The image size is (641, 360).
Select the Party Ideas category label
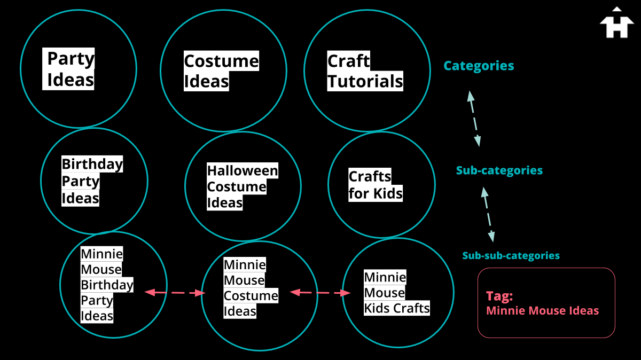click(x=71, y=69)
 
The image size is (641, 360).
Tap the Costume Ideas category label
click(x=221, y=72)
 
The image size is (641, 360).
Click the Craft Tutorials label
click(x=365, y=72)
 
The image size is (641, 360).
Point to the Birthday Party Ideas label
click(x=92, y=181)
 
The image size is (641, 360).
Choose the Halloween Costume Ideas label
click(x=243, y=186)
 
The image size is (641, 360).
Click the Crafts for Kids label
click(x=375, y=185)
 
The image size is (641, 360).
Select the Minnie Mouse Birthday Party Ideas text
click(x=106, y=285)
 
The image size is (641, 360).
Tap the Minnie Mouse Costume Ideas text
click(x=251, y=288)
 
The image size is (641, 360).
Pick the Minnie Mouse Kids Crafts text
click(x=396, y=293)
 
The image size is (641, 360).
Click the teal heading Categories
click(x=479, y=66)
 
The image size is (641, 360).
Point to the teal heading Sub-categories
click(x=499, y=170)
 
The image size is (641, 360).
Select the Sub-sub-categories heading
click(x=511, y=255)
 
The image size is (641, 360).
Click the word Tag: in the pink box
click(x=499, y=296)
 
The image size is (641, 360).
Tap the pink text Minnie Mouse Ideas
click(x=542, y=310)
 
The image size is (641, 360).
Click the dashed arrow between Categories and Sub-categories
click(x=474, y=119)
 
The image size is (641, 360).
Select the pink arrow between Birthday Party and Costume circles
click(x=175, y=293)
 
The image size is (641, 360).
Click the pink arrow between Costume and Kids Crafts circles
click(x=320, y=293)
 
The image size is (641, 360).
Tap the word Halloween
click(x=243, y=171)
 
